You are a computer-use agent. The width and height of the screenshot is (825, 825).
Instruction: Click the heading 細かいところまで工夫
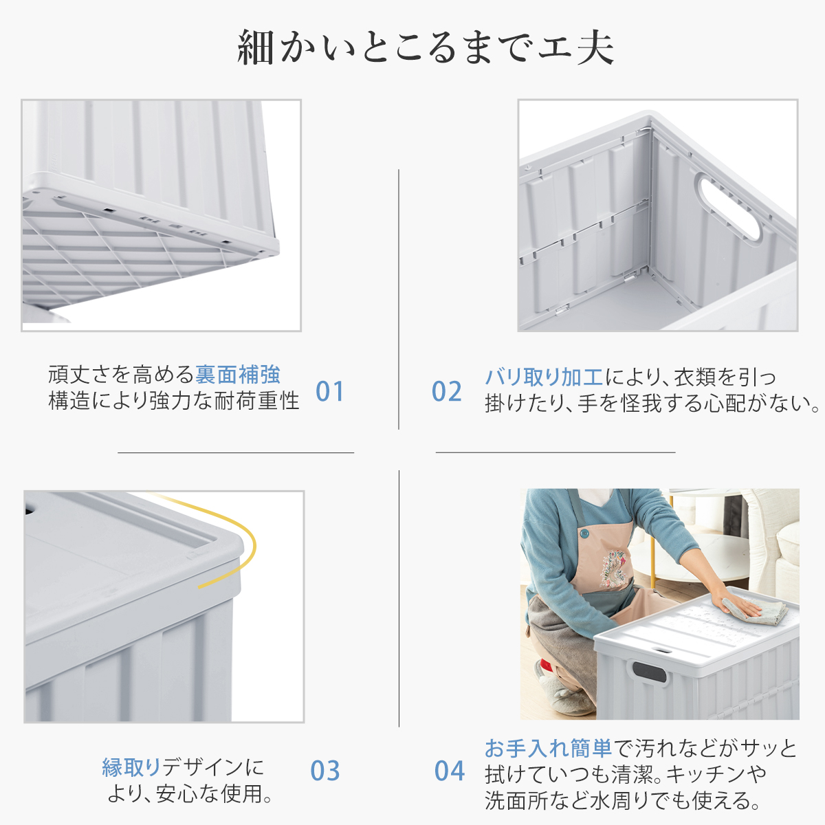pos(426,47)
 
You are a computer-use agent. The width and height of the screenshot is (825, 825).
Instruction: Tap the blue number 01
pos(329,391)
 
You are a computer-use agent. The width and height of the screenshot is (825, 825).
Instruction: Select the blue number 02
pos(447,391)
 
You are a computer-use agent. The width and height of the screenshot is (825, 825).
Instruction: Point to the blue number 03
pos(325,771)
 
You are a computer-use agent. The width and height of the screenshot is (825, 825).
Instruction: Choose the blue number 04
pos(450,771)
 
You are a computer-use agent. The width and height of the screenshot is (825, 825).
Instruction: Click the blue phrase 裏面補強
pos(238,375)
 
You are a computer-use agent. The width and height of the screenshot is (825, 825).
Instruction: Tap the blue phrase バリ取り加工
pos(544,377)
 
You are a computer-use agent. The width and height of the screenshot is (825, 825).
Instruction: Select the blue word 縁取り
pos(131,767)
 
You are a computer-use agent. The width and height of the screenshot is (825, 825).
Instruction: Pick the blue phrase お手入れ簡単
pos(549,748)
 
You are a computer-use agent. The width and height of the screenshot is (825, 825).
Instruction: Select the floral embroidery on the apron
pos(614,568)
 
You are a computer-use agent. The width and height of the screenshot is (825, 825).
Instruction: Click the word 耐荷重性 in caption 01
pos(257,401)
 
